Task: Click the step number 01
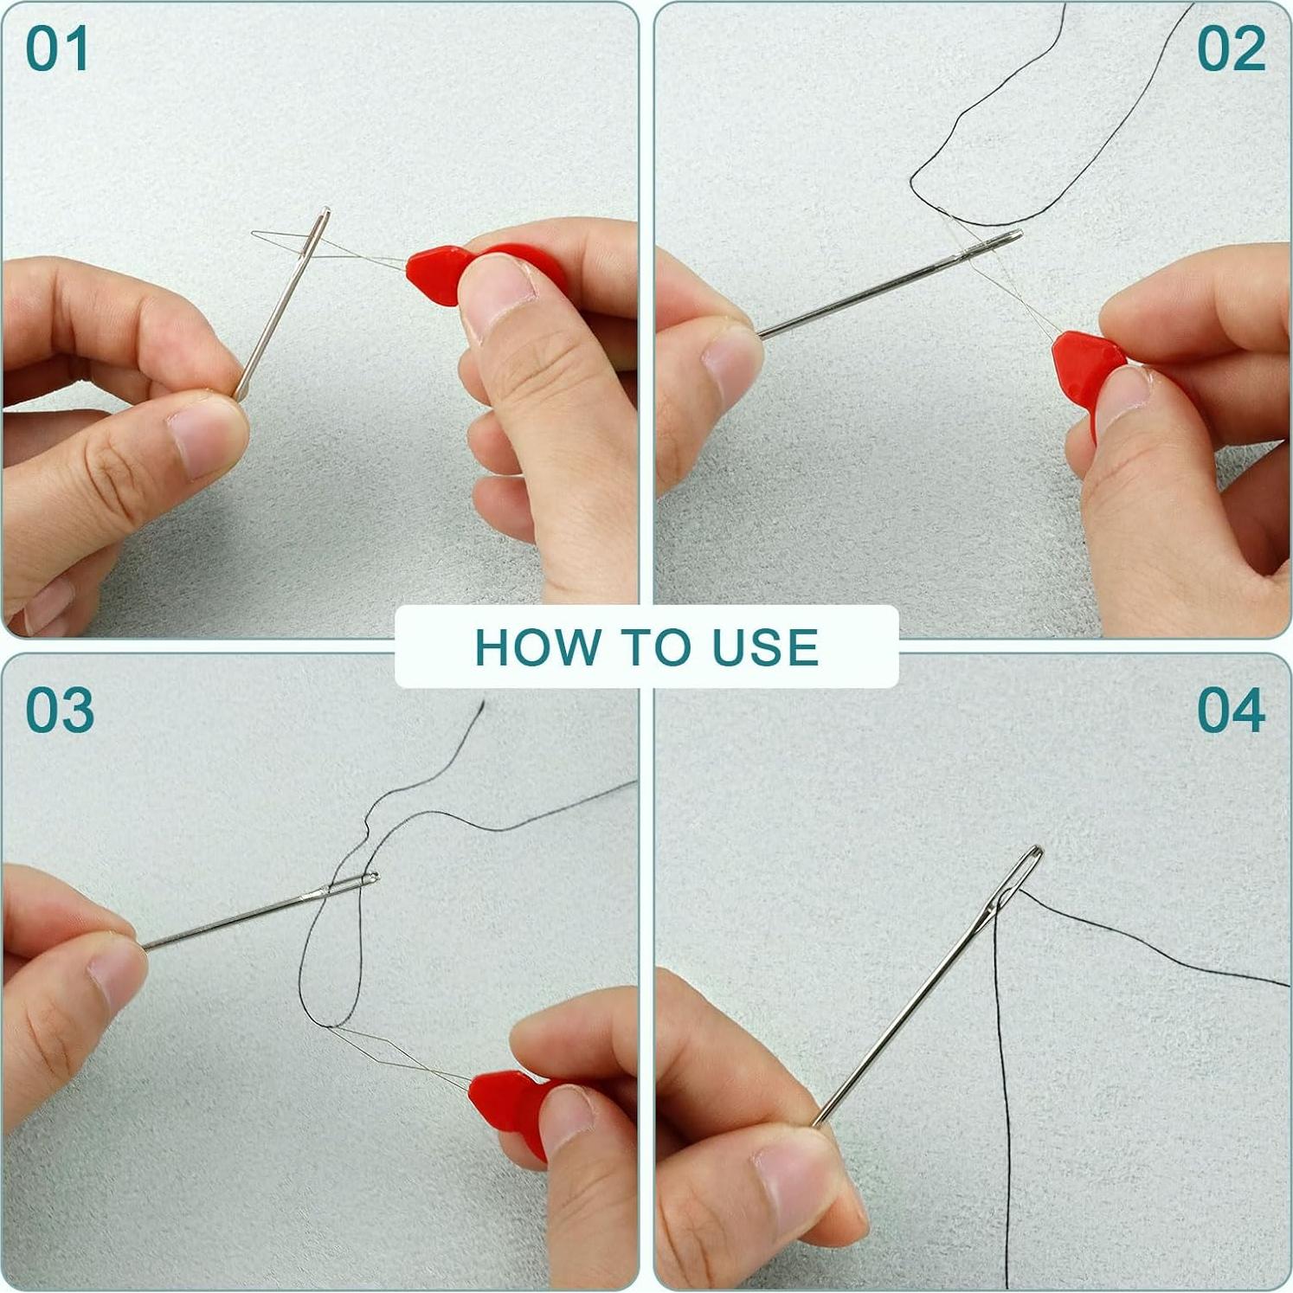coord(57,49)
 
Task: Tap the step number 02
coord(1231,49)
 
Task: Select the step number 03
coord(59,711)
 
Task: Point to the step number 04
coord(1231,711)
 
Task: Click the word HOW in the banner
coord(537,647)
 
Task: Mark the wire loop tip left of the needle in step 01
coord(254,233)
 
